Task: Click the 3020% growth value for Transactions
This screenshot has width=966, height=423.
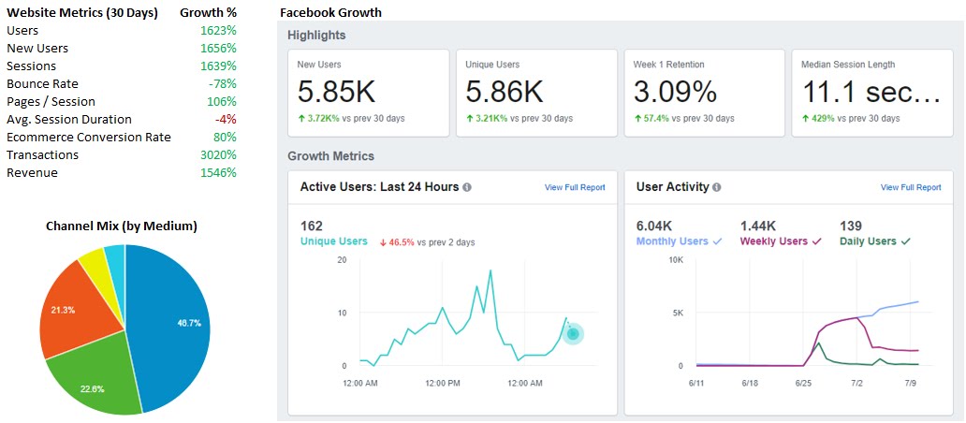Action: click(218, 155)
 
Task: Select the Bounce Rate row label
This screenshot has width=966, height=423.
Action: click(42, 83)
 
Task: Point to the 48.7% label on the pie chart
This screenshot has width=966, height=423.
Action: click(189, 323)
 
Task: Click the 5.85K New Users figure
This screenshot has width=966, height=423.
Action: click(336, 92)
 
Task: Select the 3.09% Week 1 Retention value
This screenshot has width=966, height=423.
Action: click(675, 92)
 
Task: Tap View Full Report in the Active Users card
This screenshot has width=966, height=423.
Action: click(575, 187)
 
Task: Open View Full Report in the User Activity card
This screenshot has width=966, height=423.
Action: click(911, 187)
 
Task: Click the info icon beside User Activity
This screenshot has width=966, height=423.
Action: click(716, 187)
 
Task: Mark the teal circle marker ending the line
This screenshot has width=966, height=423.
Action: click(573, 334)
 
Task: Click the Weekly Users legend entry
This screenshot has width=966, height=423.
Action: click(781, 241)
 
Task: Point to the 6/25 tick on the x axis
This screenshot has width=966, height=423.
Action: click(803, 383)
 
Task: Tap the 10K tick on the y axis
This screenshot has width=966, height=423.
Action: click(676, 260)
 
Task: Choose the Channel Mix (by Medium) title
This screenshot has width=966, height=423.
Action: click(122, 226)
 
